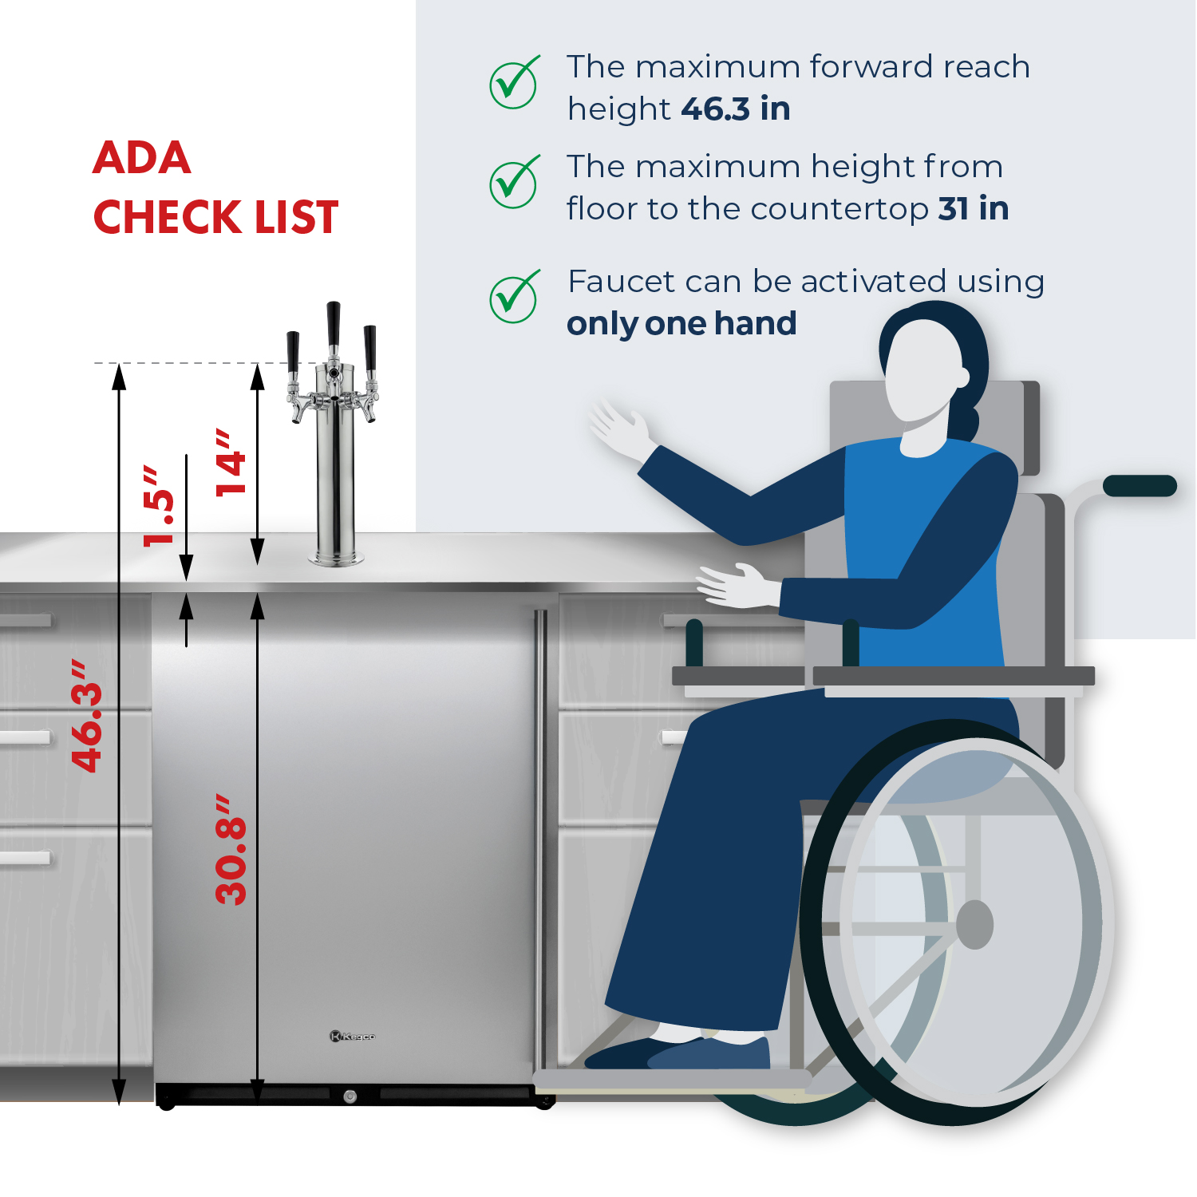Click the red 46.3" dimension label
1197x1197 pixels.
click(87, 716)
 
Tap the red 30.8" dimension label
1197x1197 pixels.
click(231, 849)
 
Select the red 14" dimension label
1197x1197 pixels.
click(231, 463)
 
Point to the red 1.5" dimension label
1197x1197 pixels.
click(158, 507)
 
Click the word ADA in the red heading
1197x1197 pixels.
click(142, 157)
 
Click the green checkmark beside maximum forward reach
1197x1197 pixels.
click(513, 83)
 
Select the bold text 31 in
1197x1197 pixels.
click(973, 209)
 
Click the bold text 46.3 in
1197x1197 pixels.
click(735, 109)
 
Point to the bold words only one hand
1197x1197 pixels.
click(681, 324)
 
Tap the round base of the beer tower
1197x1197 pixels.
click(336, 558)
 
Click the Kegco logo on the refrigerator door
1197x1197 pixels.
click(352, 1037)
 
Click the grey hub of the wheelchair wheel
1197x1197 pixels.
click(974, 925)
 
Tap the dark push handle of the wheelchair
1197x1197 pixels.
click(1140, 485)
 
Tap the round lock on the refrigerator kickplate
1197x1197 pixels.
click(350, 1096)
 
